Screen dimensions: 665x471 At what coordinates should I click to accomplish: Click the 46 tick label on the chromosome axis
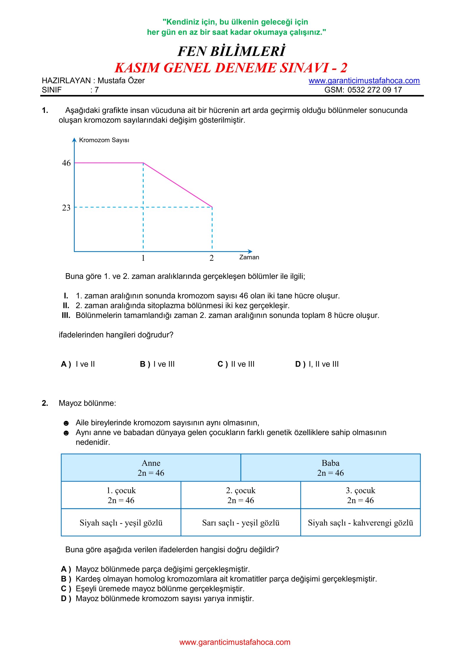(x=66, y=163)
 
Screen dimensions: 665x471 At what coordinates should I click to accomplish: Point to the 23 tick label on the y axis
(x=66, y=208)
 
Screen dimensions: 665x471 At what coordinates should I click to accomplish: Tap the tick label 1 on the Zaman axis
(x=143, y=258)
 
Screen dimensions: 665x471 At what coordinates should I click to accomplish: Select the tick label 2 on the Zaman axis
(x=211, y=258)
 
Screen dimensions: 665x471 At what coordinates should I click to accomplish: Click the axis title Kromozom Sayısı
(x=104, y=140)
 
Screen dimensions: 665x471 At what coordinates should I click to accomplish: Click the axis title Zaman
(x=249, y=257)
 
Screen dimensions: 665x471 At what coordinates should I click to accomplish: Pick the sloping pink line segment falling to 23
(x=178, y=185)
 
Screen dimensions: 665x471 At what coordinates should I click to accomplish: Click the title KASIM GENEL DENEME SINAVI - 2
(x=231, y=68)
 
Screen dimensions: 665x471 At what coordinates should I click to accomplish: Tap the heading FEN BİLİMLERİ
(x=231, y=51)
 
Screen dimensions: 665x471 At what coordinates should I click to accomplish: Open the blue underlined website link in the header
(x=364, y=81)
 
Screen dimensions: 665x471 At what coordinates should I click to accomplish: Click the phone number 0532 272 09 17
(x=374, y=90)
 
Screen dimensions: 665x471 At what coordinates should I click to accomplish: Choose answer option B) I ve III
(x=157, y=364)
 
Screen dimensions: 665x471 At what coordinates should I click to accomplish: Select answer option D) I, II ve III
(x=317, y=364)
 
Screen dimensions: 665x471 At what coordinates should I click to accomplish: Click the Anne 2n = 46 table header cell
(x=151, y=468)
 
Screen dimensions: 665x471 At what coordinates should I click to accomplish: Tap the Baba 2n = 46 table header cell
(x=330, y=468)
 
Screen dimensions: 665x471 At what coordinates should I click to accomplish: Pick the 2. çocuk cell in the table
(x=241, y=495)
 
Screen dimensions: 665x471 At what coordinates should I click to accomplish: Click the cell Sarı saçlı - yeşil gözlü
(x=241, y=523)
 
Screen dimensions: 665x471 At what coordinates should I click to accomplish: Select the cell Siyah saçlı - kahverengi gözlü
(x=360, y=523)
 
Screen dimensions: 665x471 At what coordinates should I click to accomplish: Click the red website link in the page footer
(x=235, y=642)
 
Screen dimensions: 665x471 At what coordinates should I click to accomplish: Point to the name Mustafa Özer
(x=121, y=81)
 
